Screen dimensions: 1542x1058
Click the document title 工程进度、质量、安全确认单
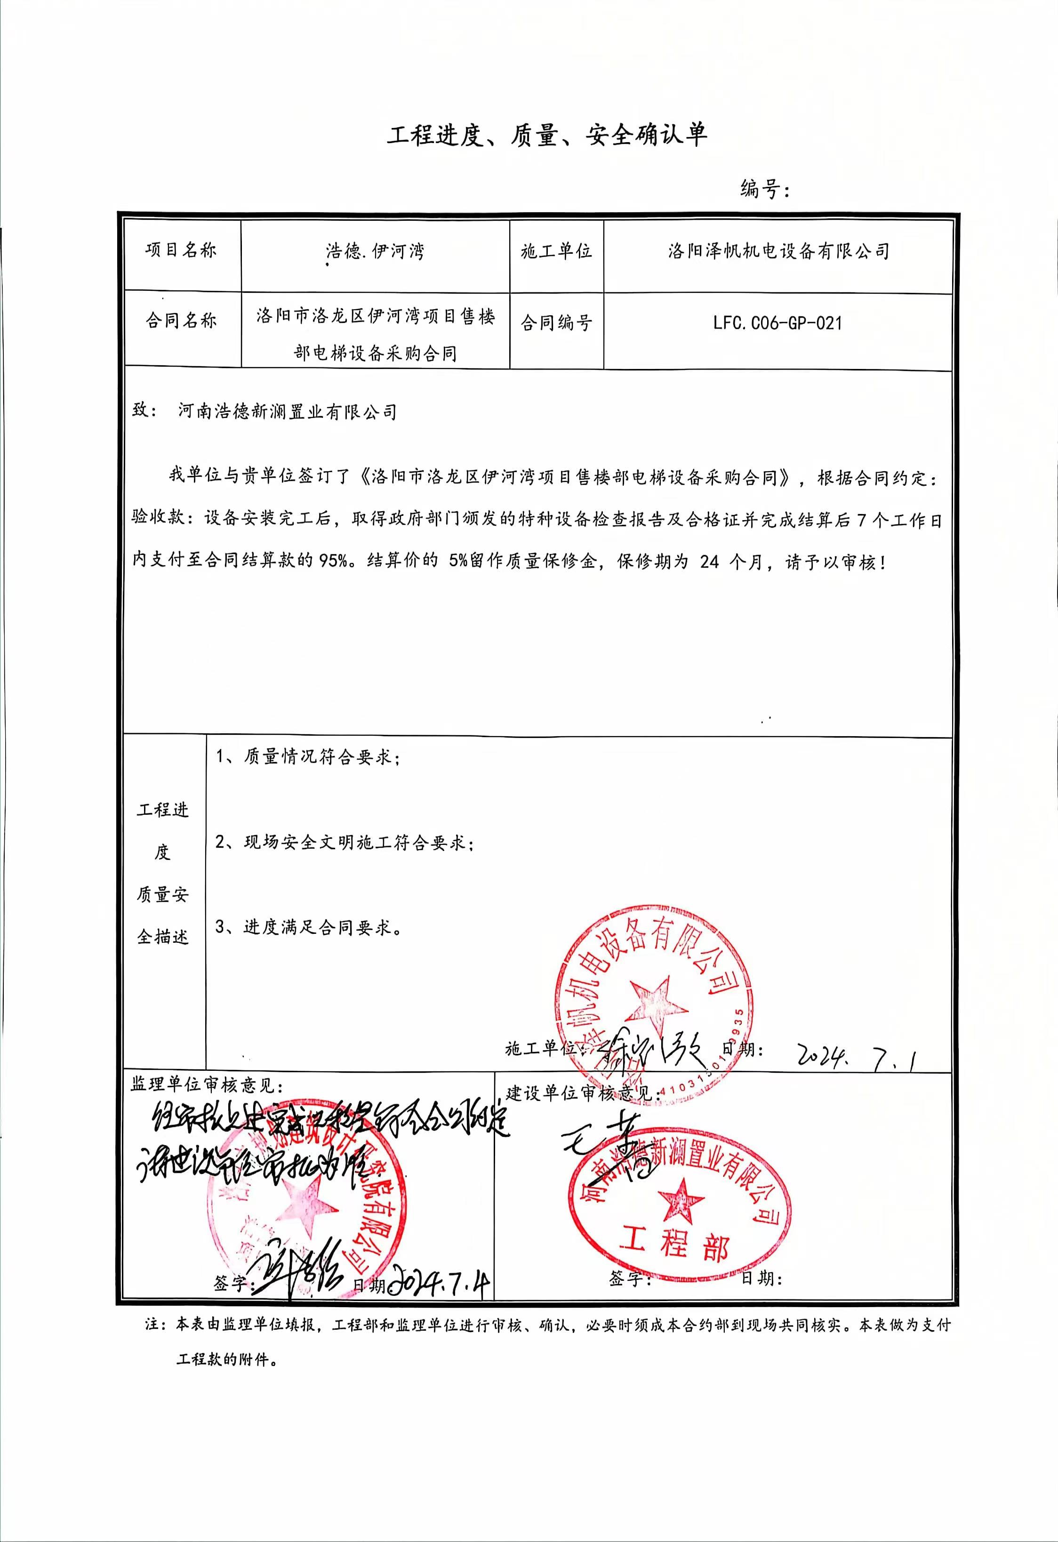(x=547, y=136)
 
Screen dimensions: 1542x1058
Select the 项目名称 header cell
(x=181, y=251)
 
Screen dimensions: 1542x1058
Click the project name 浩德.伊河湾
(x=375, y=251)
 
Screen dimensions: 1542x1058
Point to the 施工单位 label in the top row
(x=556, y=251)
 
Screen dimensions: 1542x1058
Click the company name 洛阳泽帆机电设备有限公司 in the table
(x=778, y=251)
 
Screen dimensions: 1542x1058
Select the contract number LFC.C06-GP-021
(x=777, y=323)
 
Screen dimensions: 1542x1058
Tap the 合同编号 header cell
(x=556, y=323)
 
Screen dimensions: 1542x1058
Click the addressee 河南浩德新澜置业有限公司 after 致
(x=287, y=412)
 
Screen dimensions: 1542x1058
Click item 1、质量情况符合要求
(x=308, y=756)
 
